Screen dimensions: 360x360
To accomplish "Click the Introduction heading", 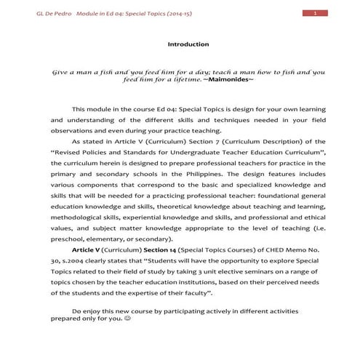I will [188, 44].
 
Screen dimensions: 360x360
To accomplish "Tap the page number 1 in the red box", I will [314, 14].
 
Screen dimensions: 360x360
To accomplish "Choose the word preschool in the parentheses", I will [69, 239].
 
